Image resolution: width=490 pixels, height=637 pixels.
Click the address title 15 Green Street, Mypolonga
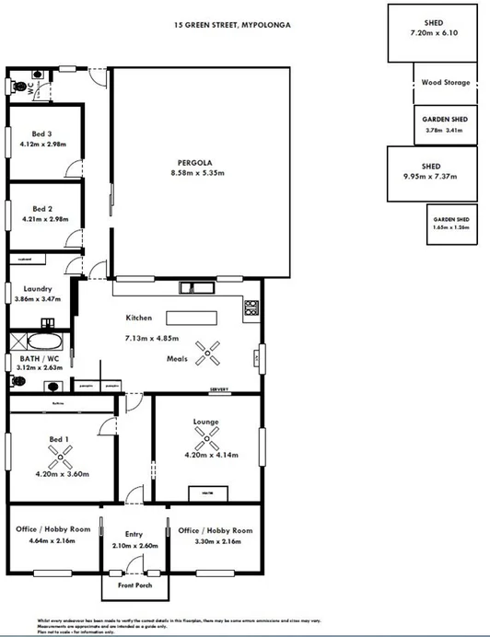click(231, 25)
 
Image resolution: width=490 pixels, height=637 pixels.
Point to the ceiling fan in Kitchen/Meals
click(211, 352)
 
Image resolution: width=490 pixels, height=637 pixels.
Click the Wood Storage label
click(445, 83)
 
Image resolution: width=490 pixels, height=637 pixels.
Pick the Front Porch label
click(134, 585)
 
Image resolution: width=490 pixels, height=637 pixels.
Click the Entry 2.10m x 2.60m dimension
click(134, 545)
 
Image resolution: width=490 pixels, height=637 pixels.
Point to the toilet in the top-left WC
click(20, 86)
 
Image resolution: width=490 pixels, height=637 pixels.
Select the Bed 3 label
click(41, 133)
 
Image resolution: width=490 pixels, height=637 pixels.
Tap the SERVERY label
click(219, 390)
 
